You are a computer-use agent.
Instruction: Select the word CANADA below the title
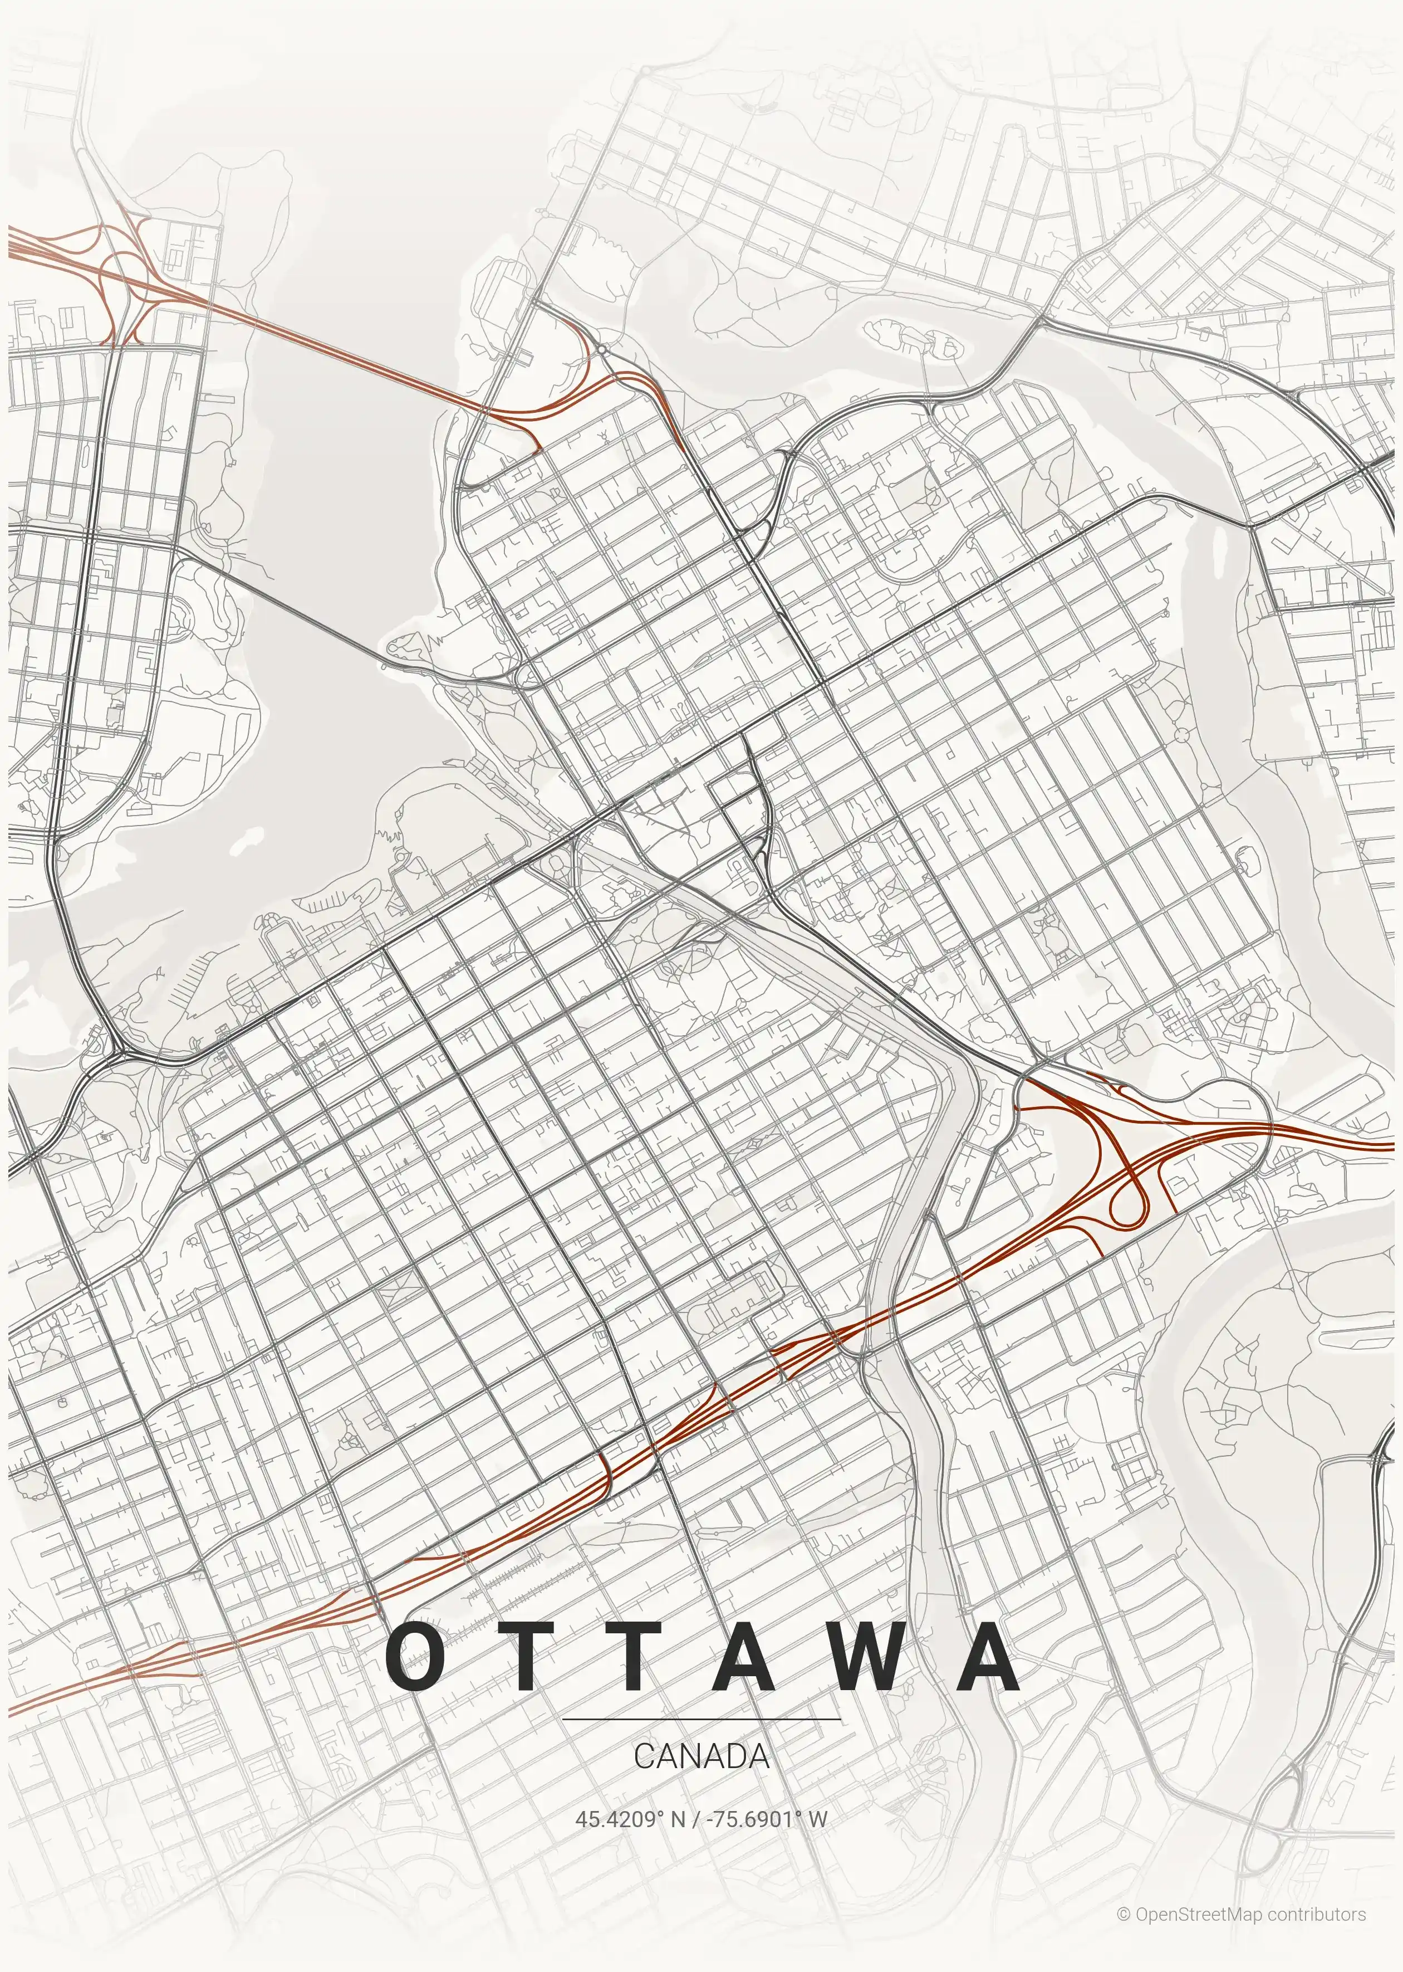[x=700, y=1756]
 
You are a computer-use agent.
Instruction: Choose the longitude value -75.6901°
[x=749, y=1819]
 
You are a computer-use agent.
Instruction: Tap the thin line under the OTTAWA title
[x=700, y=1720]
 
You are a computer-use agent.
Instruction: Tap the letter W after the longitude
[x=818, y=1819]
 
